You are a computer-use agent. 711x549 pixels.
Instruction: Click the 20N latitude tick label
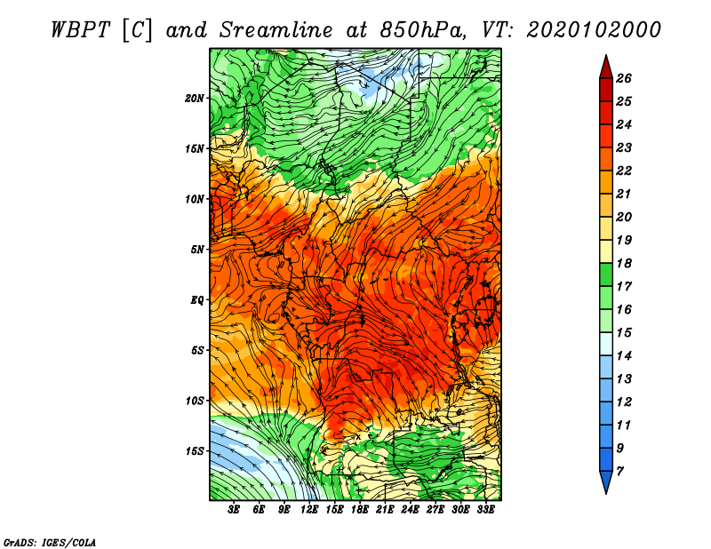coord(195,99)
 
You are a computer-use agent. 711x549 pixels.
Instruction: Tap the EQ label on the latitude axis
coord(196,300)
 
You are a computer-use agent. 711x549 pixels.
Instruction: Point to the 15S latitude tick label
coord(195,451)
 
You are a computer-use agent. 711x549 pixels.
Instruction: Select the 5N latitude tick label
coord(197,250)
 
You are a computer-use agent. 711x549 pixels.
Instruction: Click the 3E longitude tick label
coord(234,510)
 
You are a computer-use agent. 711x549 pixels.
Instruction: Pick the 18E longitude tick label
coord(359,510)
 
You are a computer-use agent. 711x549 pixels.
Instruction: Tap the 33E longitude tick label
coord(485,510)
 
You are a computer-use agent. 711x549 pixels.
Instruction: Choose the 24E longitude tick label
coord(410,510)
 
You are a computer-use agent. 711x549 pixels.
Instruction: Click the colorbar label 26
coord(624,78)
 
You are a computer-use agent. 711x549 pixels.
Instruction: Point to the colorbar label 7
coord(619,472)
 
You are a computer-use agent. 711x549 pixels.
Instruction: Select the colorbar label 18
coord(624,263)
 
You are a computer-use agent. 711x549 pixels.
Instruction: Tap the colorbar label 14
coord(624,356)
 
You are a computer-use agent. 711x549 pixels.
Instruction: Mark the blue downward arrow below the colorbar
coord(606,481)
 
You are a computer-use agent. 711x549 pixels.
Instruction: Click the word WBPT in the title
coord(80,30)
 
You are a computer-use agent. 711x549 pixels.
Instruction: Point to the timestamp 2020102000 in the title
coord(594,30)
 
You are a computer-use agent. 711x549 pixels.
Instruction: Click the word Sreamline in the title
coord(276,30)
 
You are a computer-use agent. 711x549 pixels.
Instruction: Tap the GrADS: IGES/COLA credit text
coord(50,543)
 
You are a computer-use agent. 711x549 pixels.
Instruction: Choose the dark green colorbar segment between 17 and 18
coord(606,274)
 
